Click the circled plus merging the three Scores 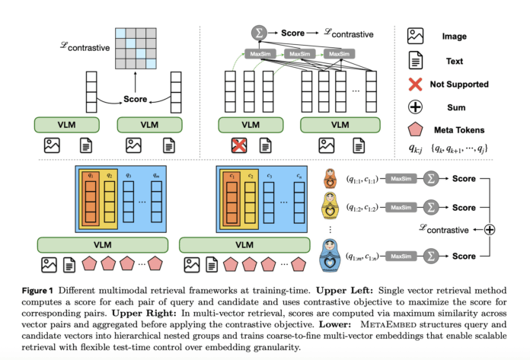(x=490, y=230)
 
